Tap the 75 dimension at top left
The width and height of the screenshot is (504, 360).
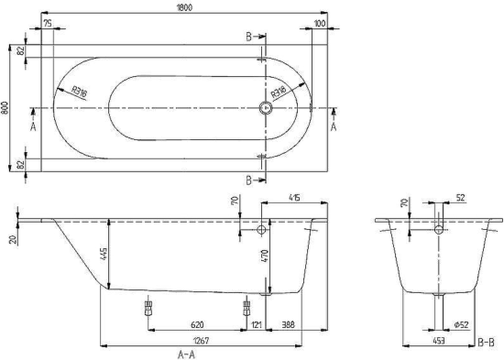click(46, 24)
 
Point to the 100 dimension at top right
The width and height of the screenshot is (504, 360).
click(319, 24)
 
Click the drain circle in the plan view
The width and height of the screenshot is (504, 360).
click(267, 107)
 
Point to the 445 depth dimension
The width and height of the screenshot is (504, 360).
click(104, 254)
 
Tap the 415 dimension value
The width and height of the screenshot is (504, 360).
click(293, 197)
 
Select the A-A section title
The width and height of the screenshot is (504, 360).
click(187, 353)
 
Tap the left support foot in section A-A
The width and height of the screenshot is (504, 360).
click(148, 308)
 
